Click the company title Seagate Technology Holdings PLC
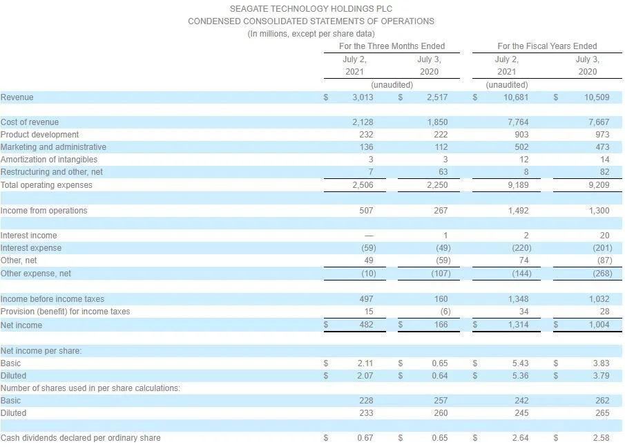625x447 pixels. (311, 9)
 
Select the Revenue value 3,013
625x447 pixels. (362, 97)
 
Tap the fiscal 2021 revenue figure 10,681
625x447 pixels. (517, 97)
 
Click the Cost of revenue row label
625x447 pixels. (30, 122)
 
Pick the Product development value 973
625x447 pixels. (602, 135)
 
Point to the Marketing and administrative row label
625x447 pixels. (53, 147)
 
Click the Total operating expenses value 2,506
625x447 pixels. (362, 185)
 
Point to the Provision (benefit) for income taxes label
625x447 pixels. (65, 312)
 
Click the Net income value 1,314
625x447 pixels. (517, 325)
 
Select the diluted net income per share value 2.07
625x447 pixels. (365, 376)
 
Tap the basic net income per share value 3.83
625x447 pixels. (600, 363)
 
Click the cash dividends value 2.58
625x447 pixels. (600, 438)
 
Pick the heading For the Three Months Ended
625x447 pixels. (392, 46)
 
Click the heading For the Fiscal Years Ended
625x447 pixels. (547, 46)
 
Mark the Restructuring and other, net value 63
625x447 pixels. (443, 172)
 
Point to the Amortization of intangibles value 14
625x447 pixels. (604, 160)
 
